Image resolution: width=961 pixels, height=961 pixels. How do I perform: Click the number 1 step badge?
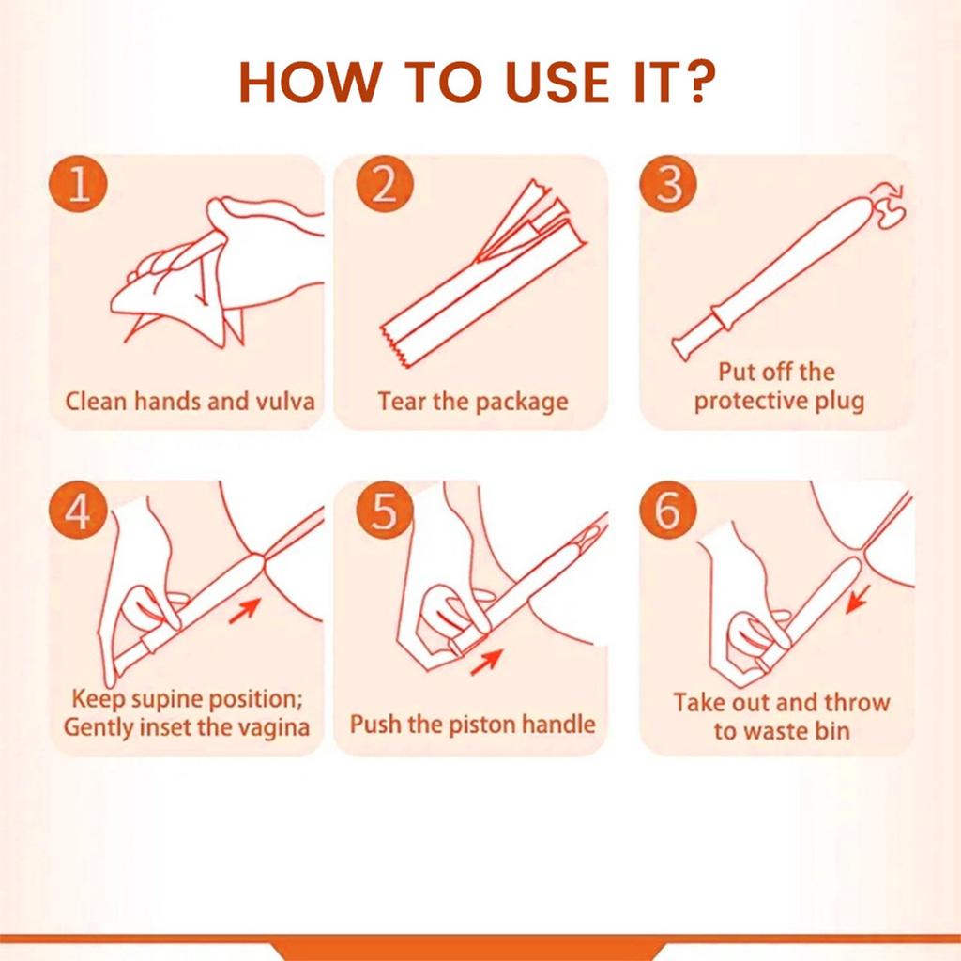(79, 183)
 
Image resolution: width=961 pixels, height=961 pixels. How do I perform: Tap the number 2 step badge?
(384, 183)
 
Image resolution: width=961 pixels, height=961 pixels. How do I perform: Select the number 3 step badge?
(668, 183)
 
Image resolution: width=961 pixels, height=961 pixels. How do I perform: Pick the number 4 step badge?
(79, 510)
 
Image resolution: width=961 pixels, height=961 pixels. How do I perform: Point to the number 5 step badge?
(384, 510)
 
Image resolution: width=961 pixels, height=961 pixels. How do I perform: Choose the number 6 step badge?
(668, 510)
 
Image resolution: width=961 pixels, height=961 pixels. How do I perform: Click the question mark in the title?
(698, 82)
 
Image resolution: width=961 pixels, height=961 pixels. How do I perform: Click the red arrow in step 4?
(245, 610)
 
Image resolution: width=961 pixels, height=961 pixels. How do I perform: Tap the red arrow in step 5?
(487, 663)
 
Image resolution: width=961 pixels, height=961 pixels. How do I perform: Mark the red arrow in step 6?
(858, 599)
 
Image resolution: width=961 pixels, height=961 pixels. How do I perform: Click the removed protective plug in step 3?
(889, 206)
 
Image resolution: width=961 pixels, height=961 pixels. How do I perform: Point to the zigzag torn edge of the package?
(394, 346)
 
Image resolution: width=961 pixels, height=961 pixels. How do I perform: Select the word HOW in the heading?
(307, 82)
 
